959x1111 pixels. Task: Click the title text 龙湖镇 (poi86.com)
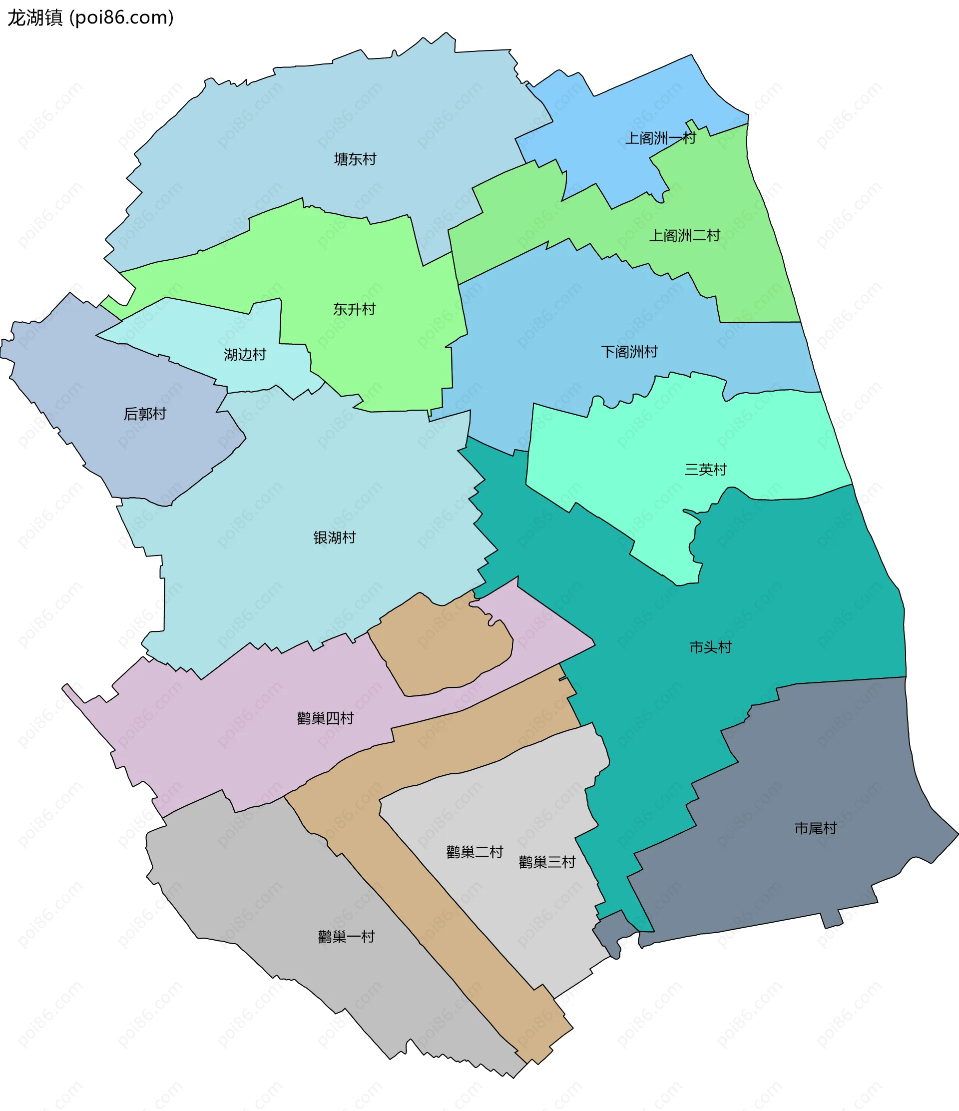point(90,17)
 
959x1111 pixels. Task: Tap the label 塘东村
point(355,159)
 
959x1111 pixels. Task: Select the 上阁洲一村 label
point(660,138)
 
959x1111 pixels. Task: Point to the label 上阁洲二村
point(685,235)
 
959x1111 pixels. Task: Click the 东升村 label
point(354,309)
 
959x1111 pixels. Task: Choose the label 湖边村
point(245,354)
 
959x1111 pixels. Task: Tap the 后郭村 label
point(145,414)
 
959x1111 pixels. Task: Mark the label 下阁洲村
point(629,352)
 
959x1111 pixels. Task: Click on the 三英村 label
point(705,470)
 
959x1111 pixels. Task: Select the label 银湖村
point(335,538)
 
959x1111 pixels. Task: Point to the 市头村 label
point(710,647)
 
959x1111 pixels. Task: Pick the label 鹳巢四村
point(325,718)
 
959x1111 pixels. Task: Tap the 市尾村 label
point(815,828)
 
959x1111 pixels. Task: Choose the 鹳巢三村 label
point(547,862)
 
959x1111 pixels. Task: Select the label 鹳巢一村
point(346,937)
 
